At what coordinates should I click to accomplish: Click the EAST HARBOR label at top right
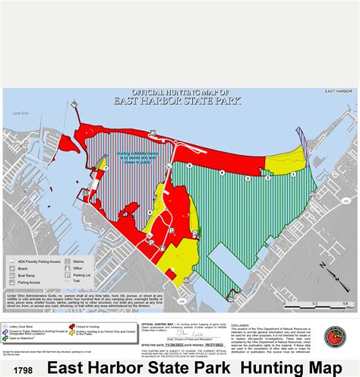click(339, 90)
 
